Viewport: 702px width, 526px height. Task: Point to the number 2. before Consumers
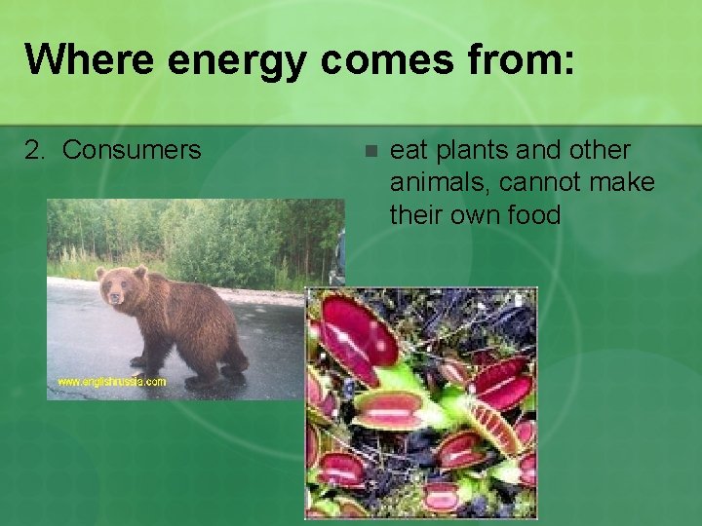36,150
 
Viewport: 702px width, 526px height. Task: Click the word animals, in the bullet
438,182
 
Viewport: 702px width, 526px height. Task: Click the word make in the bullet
623,182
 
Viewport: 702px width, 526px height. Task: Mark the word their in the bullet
417,213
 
